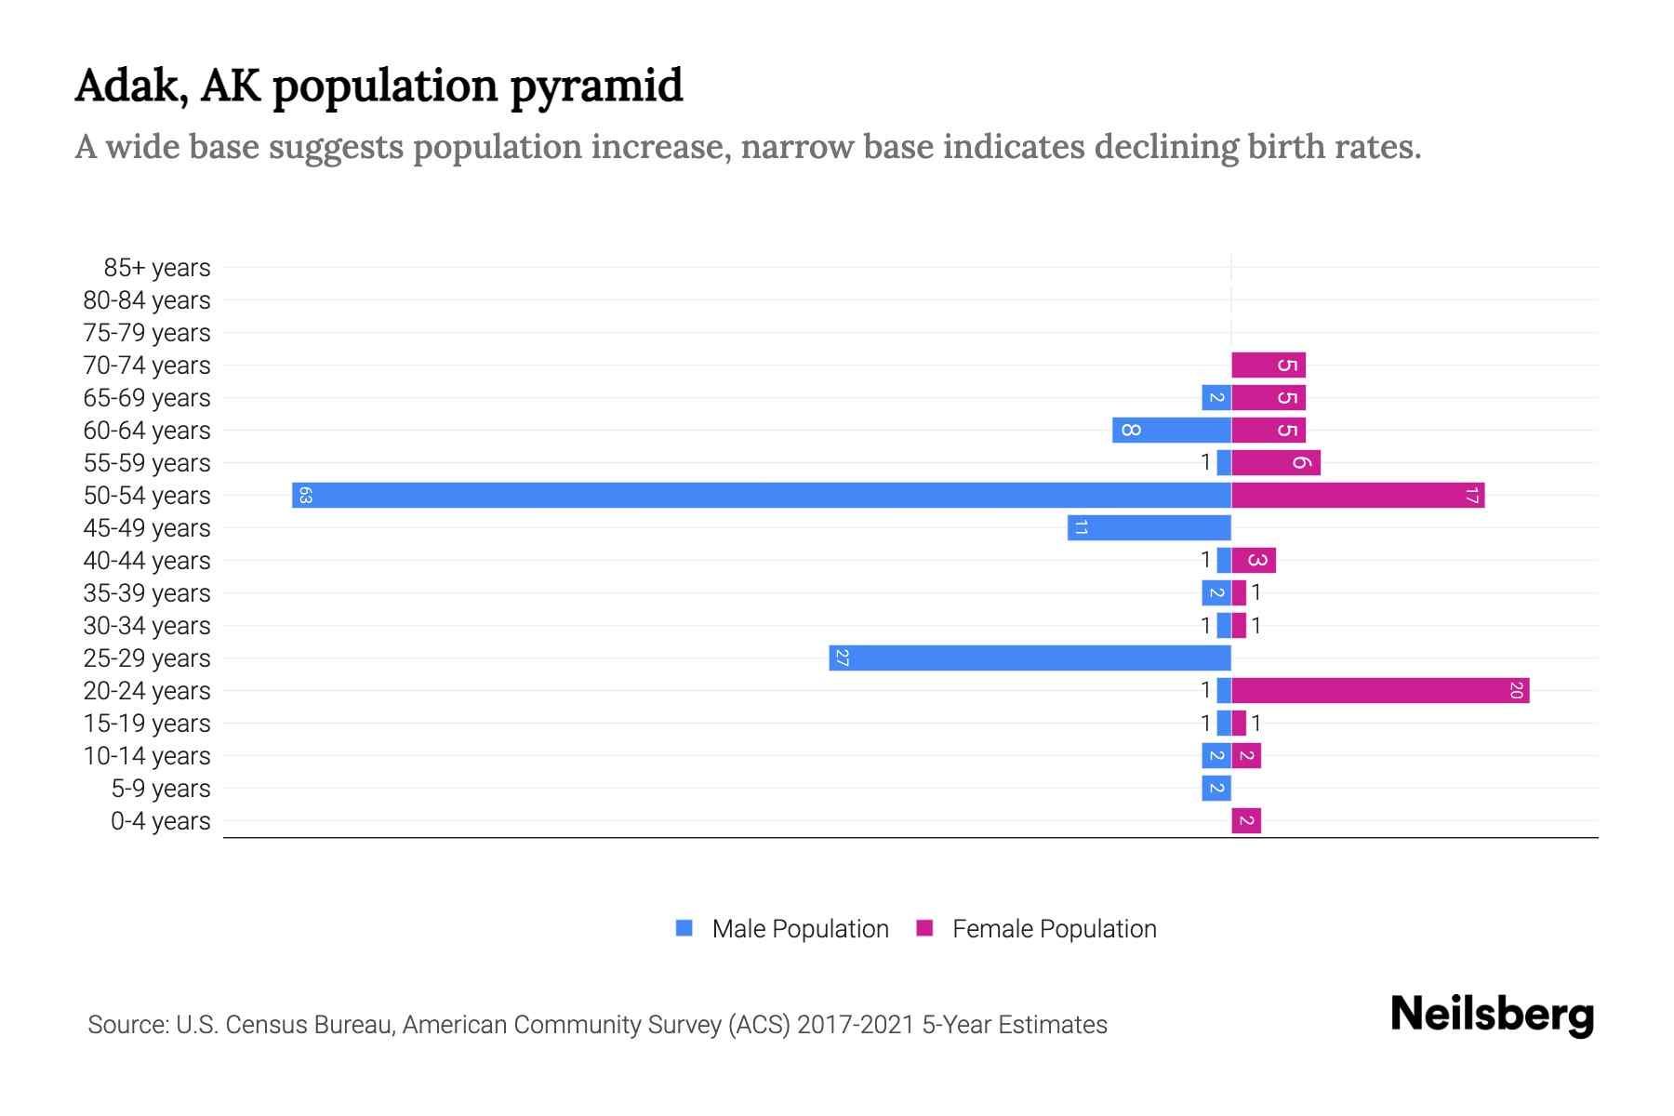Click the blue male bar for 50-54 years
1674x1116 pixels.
click(x=761, y=495)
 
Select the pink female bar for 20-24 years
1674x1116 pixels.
click(x=1380, y=690)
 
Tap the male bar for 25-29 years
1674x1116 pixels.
click(x=1030, y=658)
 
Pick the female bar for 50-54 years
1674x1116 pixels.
click(x=1358, y=495)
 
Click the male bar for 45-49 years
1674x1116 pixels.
click(x=1149, y=527)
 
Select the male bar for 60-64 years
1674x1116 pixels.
click(x=1172, y=430)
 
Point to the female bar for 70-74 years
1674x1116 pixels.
click(x=1269, y=365)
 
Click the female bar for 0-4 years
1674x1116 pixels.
click(x=1246, y=820)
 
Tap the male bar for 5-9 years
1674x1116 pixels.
click(x=1216, y=788)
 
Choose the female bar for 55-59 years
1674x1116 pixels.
click(x=1276, y=462)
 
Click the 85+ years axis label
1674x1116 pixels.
click(x=157, y=268)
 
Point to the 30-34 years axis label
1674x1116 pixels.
click(x=147, y=626)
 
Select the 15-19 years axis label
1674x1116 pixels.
click(x=147, y=724)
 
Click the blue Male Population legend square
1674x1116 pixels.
click(x=684, y=928)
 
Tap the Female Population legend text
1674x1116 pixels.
click(x=1054, y=928)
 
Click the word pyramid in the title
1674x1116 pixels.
click(x=596, y=86)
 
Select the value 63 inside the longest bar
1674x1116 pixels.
click(x=305, y=495)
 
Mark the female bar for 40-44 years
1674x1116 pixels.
click(x=1254, y=560)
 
